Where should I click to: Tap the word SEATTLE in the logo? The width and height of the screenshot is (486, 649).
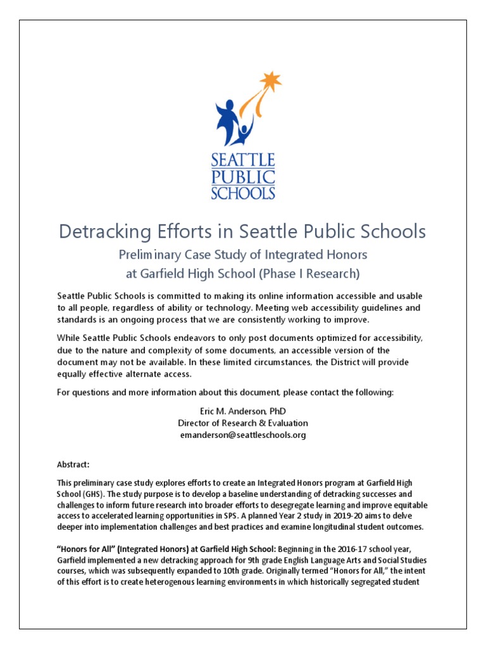pyautogui.click(x=242, y=159)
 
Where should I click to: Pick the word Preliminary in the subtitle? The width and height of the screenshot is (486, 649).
pyautogui.click(x=154, y=255)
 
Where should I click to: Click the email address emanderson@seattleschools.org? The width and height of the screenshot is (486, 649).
pyautogui.click(x=243, y=435)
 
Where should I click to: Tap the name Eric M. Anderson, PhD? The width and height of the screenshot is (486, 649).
pyautogui.click(x=243, y=411)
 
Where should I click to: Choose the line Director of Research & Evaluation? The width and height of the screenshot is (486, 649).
pyautogui.click(x=243, y=423)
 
